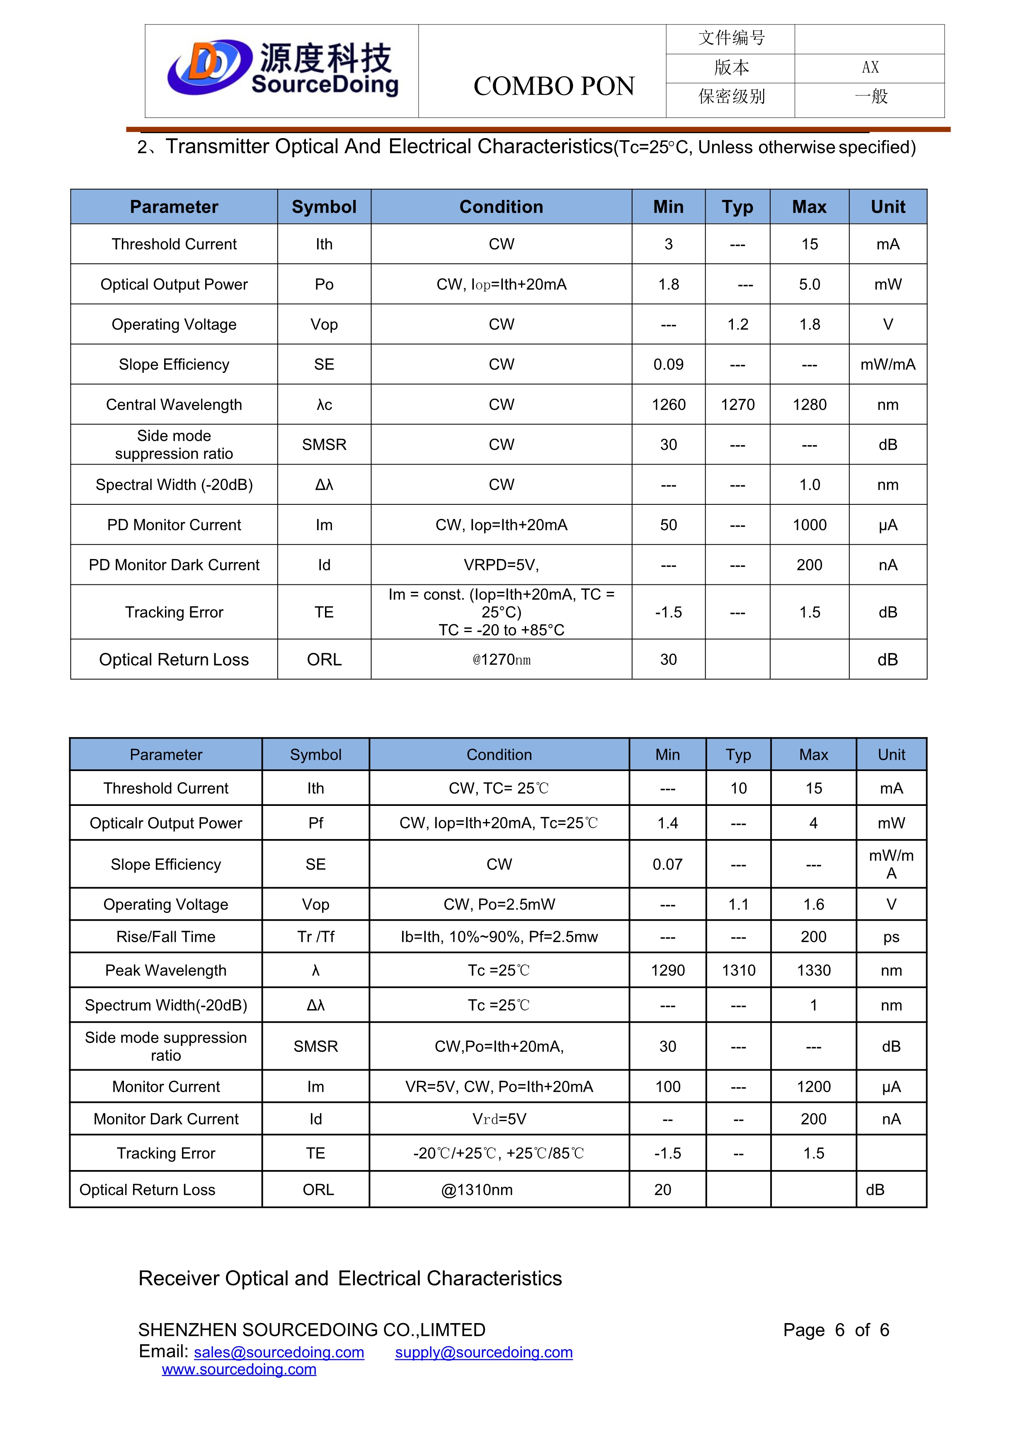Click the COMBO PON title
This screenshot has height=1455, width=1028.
554,86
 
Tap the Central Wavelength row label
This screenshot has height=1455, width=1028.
174,404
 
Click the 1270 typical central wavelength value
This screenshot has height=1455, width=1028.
737,404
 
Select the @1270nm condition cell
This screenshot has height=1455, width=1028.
501,660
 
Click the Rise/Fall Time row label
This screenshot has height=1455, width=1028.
165,937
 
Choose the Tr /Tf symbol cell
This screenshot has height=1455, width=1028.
315,937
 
